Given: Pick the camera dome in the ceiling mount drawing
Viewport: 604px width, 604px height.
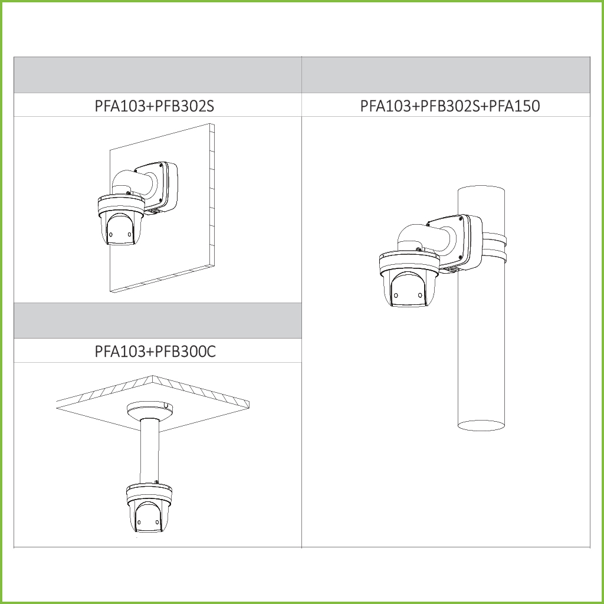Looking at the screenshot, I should [x=147, y=516].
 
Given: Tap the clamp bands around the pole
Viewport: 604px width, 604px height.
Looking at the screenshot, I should [x=494, y=248].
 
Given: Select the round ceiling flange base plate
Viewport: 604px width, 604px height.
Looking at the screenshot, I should [x=150, y=409].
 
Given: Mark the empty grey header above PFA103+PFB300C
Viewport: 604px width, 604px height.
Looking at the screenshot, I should [x=157, y=321].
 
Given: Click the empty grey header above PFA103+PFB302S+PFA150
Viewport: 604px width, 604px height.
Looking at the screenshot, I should [x=445, y=75].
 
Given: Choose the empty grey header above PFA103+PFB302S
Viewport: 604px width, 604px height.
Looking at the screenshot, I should [x=157, y=75].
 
